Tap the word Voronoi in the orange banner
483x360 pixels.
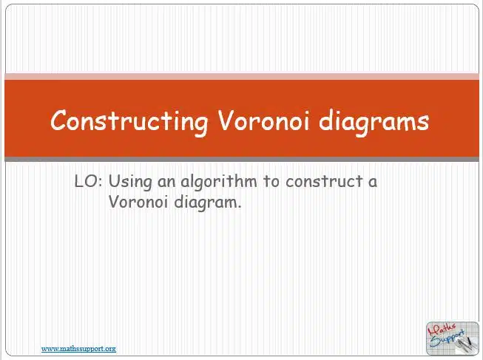click(263, 120)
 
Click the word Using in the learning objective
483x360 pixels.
click(130, 182)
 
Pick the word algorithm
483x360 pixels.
click(219, 182)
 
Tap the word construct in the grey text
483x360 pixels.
click(324, 182)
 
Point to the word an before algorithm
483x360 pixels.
click(166, 182)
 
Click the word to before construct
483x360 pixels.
click(271, 182)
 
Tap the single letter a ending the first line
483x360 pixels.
click(373, 182)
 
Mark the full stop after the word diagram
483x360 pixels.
click(239, 207)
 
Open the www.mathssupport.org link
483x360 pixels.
click(79, 349)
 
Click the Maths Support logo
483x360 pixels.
click(453, 339)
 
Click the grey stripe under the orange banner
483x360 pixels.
click(242, 159)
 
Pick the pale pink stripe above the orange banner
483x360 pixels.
click(242, 76)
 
